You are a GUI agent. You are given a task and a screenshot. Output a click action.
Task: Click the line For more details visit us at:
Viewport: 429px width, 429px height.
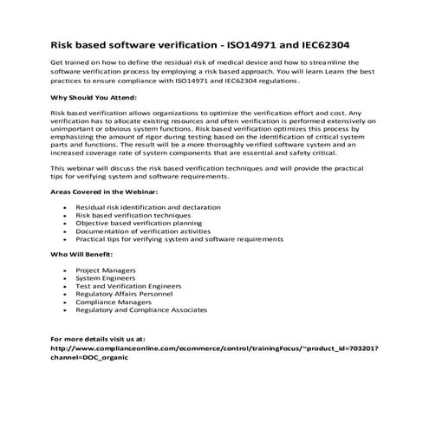click(98, 336)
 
